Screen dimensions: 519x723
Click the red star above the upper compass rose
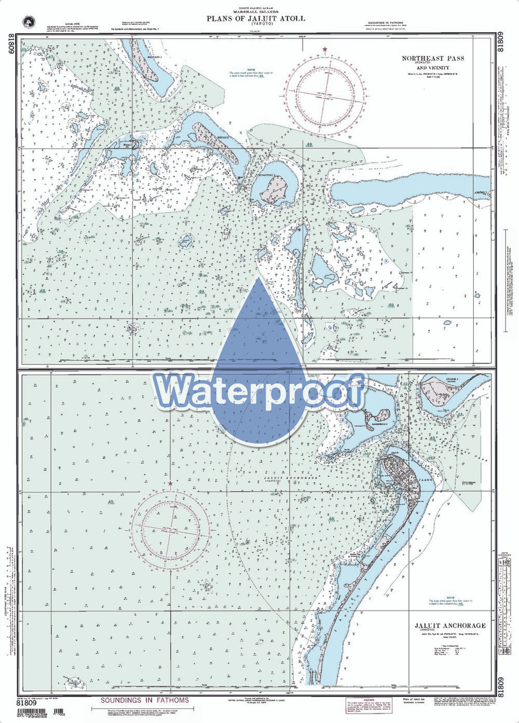coord(325,50)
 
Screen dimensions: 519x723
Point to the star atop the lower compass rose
coord(171,484)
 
